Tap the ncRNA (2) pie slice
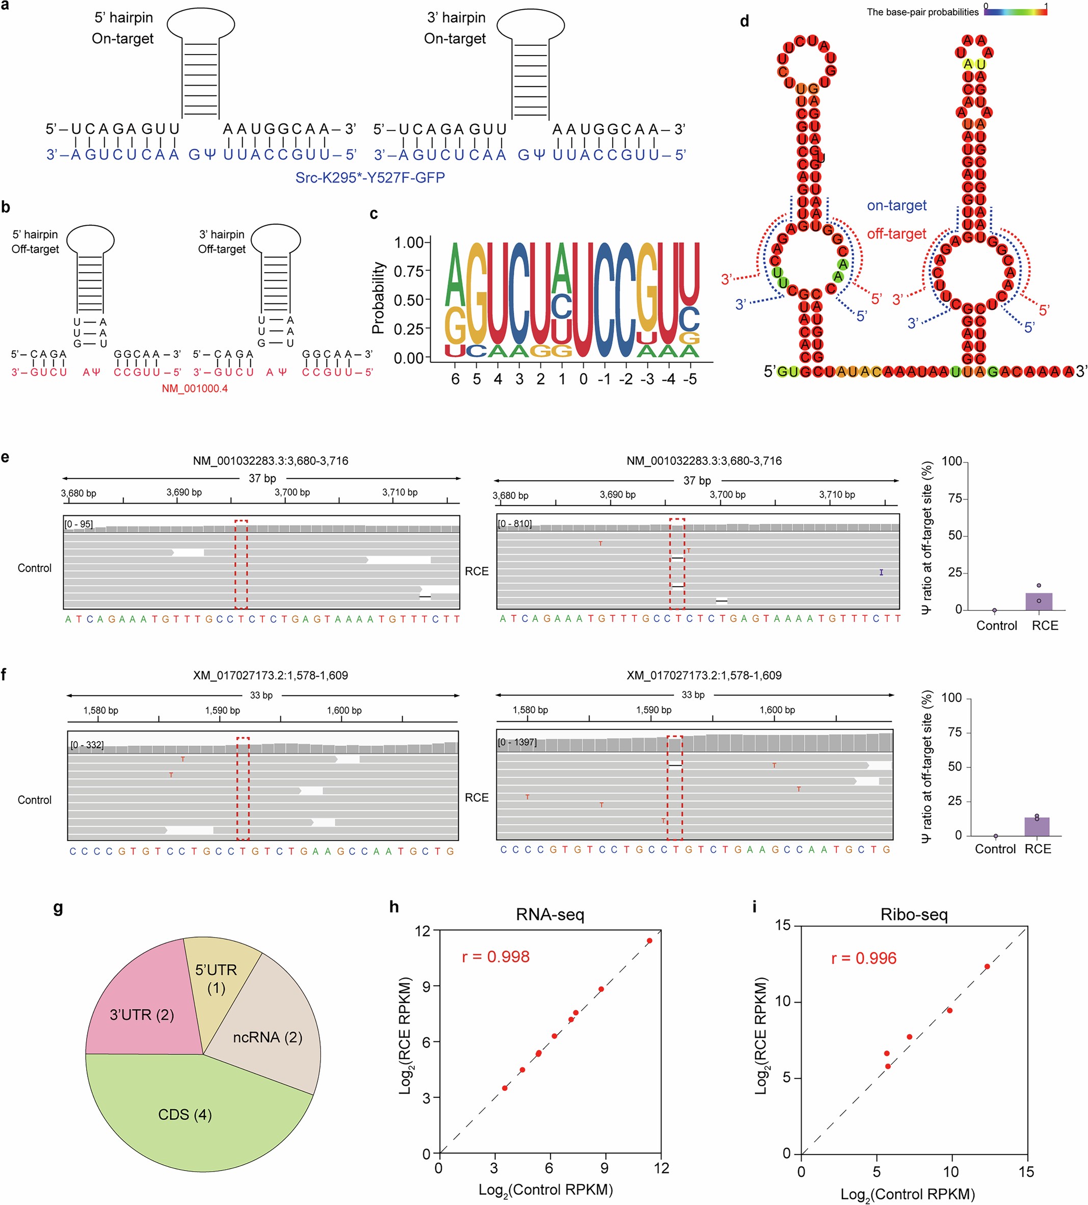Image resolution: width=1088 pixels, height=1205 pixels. coord(268,1037)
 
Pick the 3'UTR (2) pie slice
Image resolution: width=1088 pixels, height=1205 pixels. coord(142,1015)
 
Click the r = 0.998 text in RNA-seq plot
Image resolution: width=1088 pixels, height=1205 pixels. coord(495,957)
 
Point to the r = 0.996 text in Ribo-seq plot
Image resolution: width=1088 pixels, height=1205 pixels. coord(863,959)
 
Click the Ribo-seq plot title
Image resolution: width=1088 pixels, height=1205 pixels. coord(914,915)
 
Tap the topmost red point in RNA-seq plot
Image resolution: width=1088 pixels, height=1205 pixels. coord(649,941)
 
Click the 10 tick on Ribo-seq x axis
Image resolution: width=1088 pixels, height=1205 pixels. coord(951,1171)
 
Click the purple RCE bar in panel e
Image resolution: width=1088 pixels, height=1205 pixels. coord(1039,601)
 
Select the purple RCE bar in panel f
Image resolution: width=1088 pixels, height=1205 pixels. coord(1037,826)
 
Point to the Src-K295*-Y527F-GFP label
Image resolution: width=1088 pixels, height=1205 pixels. coord(370,177)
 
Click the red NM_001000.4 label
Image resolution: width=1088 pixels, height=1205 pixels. coord(195,388)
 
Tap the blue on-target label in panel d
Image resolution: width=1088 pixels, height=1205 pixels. coord(896,205)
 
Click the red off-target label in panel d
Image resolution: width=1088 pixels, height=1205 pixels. coord(896,233)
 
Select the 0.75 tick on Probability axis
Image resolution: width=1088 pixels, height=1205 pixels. coord(409,271)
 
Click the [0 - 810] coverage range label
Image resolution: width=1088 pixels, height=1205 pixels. coord(514,524)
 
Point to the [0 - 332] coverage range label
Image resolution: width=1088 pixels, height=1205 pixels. coord(87,745)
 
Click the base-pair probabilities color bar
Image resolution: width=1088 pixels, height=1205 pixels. coord(1015,11)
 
